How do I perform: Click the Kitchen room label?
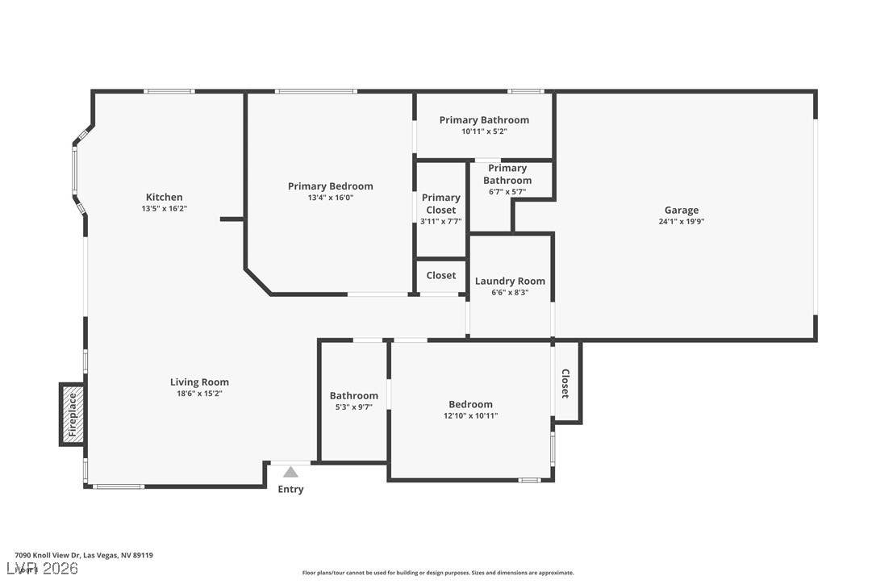(x=164, y=197)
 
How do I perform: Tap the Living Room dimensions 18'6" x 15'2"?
(x=199, y=394)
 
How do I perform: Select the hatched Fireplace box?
(x=72, y=415)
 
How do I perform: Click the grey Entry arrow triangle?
(x=290, y=472)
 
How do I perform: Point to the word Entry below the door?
(x=290, y=490)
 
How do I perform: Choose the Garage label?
(x=682, y=210)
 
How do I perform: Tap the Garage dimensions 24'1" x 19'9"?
(x=682, y=222)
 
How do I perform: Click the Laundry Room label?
(x=510, y=281)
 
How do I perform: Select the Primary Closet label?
(x=441, y=203)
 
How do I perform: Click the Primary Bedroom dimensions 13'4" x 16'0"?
(x=331, y=198)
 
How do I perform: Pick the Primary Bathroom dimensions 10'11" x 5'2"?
(x=484, y=131)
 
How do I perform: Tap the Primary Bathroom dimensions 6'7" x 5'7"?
(x=507, y=192)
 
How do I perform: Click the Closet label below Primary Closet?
(x=441, y=275)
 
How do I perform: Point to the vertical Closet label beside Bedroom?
(x=565, y=383)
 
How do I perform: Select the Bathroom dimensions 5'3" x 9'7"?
(x=353, y=407)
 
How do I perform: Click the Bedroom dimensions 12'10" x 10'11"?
(x=470, y=416)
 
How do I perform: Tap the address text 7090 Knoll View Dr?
(x=84, y=555)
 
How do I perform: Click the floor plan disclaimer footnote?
(x=438, y=573)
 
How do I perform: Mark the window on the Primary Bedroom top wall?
(x=315, y=91)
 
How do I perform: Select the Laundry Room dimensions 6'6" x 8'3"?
(x=510, y=293)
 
